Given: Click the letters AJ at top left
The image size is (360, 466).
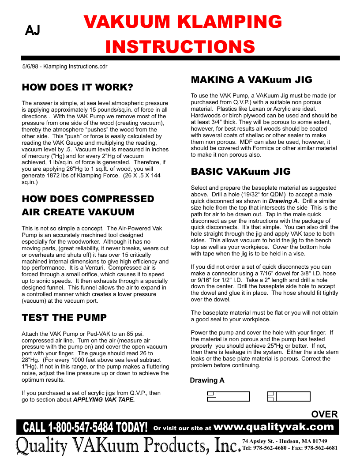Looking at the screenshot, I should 33,30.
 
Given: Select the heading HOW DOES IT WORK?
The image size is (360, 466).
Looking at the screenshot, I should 77,87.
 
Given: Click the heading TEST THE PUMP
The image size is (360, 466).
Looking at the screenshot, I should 64,317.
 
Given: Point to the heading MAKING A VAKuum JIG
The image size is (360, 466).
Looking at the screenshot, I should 251,80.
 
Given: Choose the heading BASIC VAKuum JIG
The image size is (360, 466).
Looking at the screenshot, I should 240,171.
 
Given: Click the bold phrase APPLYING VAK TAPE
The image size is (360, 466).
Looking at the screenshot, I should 104,400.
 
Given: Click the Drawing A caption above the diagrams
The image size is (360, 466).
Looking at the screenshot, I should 207,380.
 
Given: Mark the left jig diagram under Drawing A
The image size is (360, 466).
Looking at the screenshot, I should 229,396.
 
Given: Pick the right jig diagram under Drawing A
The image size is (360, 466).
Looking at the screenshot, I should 289,396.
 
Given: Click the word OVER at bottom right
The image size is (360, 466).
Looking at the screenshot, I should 324,414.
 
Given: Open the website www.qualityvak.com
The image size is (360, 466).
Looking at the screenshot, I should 276,427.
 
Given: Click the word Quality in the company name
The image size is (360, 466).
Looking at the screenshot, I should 42,446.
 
